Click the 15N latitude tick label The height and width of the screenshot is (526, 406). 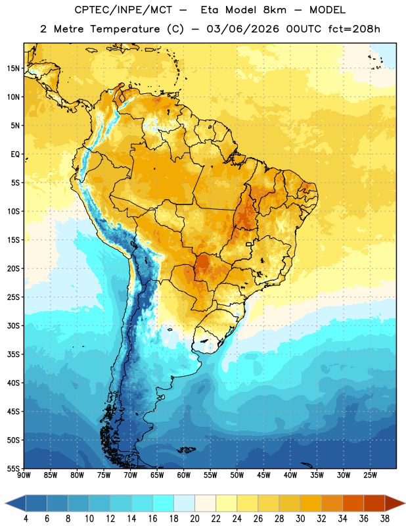coord(13,68)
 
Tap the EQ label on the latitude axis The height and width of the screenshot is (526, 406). coord(15,155)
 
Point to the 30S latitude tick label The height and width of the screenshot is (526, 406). coord(13,325)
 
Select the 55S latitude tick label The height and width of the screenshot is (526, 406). coord(13,468)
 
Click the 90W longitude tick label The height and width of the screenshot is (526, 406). coord(24,475)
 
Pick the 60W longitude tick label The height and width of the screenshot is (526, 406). coord(184,475)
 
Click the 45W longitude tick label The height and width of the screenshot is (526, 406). coord(263,475)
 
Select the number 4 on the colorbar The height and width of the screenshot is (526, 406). coord(26,519)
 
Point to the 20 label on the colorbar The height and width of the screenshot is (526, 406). coord(194,519)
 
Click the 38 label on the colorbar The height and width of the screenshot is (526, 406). coord(385,519)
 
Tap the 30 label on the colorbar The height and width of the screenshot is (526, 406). coord(300,519)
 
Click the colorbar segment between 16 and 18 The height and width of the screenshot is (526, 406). coord(163,503)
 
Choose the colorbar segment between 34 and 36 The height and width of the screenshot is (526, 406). coord(353,503)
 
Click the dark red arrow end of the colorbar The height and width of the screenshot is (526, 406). coord(394,503)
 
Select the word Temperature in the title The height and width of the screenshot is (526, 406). coord(125,29)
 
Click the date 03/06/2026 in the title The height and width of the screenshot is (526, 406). coord(242,29)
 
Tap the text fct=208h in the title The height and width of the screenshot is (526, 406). coord(354,29)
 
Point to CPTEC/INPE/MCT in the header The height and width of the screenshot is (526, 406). coord(123,10)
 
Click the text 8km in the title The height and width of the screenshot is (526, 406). coord(275,10)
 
